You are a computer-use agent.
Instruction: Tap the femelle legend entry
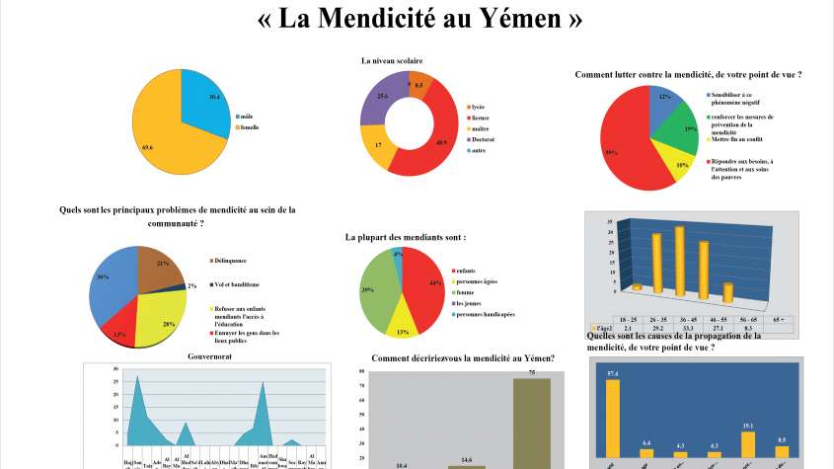[250, 127]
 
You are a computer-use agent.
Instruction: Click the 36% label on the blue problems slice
[104, 277]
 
